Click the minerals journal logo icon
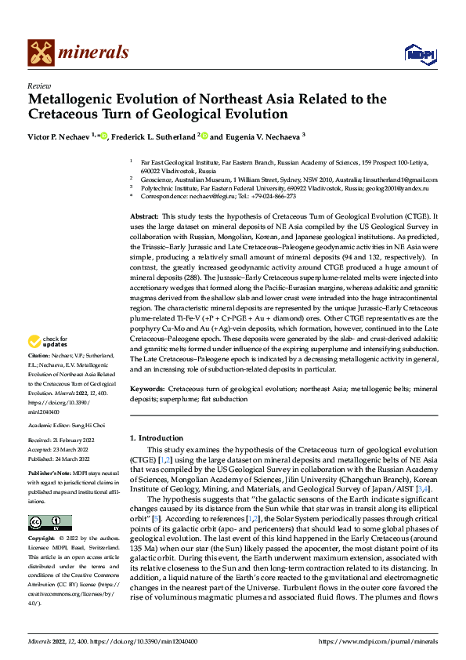pos(41,53)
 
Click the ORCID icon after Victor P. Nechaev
pos(103,135)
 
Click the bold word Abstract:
pos(144,216)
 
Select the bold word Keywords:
pos(147,389)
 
